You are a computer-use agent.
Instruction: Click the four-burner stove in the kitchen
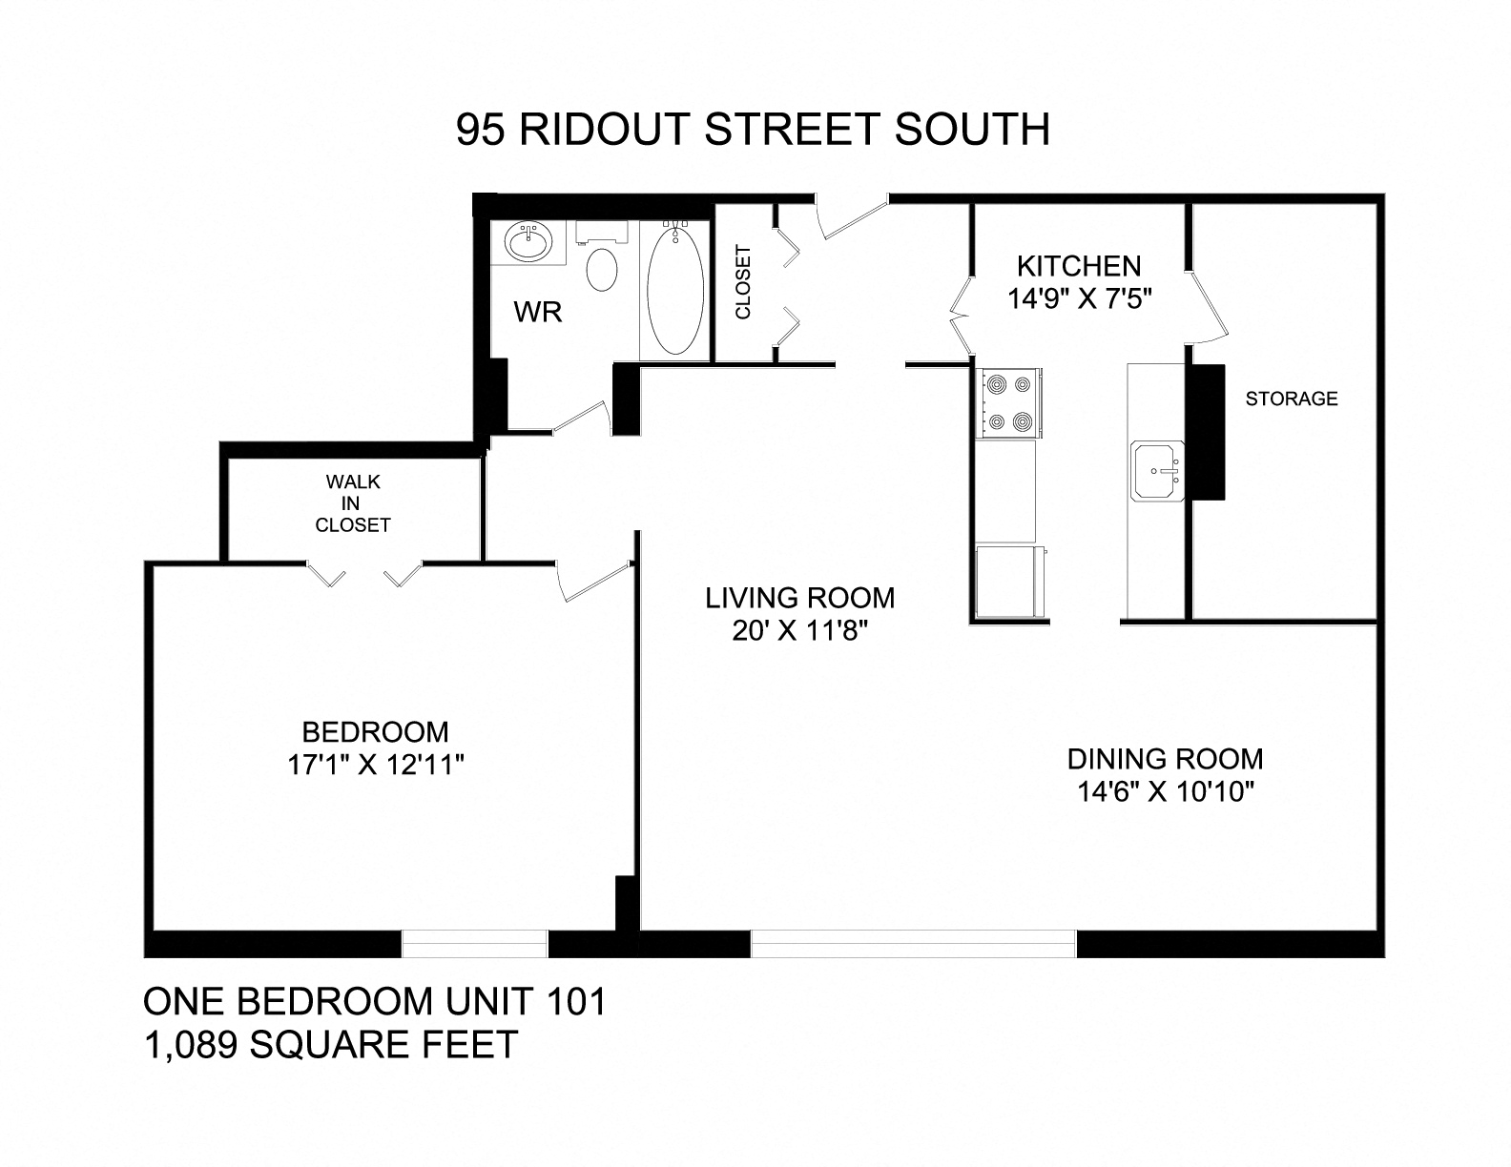tap(1009, 402)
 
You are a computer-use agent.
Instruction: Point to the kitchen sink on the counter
tap(1157, 470)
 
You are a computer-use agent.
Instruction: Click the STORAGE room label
tap(1292, 399)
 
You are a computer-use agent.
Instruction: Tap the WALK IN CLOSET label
tap(353, 502)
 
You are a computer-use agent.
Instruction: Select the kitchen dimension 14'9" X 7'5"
tap(1081, 298)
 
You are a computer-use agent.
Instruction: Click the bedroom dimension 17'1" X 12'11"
tap(375, 765)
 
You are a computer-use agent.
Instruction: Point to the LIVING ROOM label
tap(800, 598)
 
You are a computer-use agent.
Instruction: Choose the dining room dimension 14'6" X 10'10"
tap(1164, 791)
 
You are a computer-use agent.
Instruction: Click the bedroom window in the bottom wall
tap(474, 944)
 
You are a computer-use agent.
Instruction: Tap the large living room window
tap(913, 944)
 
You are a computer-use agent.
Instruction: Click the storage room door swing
tap(1207, 307)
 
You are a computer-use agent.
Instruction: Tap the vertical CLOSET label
tap(743, 282)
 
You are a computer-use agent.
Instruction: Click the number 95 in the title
tap(480, 130)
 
